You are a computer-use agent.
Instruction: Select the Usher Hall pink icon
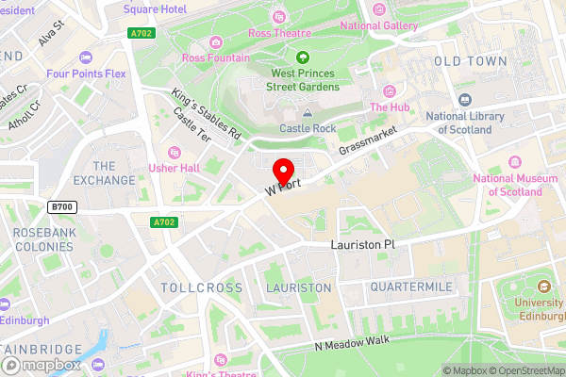(173, 153)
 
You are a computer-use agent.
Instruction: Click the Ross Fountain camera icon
(216, 41)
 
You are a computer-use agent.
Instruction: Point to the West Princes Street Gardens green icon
(303, 57)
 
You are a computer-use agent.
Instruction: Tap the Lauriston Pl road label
(367, 243)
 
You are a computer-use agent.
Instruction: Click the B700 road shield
(62, 206)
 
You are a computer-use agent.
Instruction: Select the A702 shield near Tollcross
(162, 223)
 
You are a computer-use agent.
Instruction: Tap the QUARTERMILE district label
(411, 286)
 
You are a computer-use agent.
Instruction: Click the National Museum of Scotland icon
(514, 161)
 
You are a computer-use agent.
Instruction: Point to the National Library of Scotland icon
(464, 100)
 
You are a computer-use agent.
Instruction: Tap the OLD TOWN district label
(472, 61)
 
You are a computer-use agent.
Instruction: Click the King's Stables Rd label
(207, 115)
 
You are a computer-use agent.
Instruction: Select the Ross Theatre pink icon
(279, 16)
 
